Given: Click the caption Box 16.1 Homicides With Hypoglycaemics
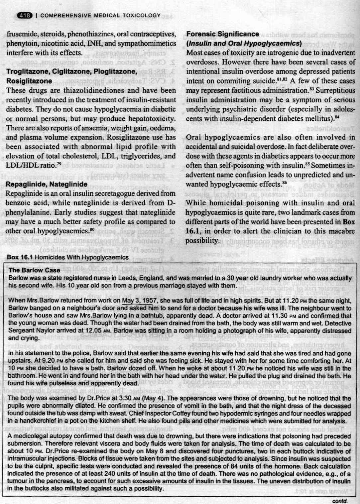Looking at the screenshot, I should (x=67, y=257).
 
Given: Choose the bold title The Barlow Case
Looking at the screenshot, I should (x=35, y=270).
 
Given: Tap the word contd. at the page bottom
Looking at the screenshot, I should (x=340, y=501).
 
